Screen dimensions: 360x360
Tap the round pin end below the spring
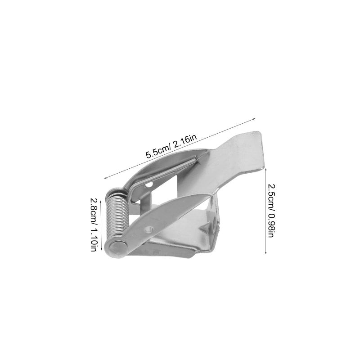(x=117, y=247)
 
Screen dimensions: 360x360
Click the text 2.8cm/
(x=94, y=209)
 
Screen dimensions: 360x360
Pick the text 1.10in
(x=94, y=239)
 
